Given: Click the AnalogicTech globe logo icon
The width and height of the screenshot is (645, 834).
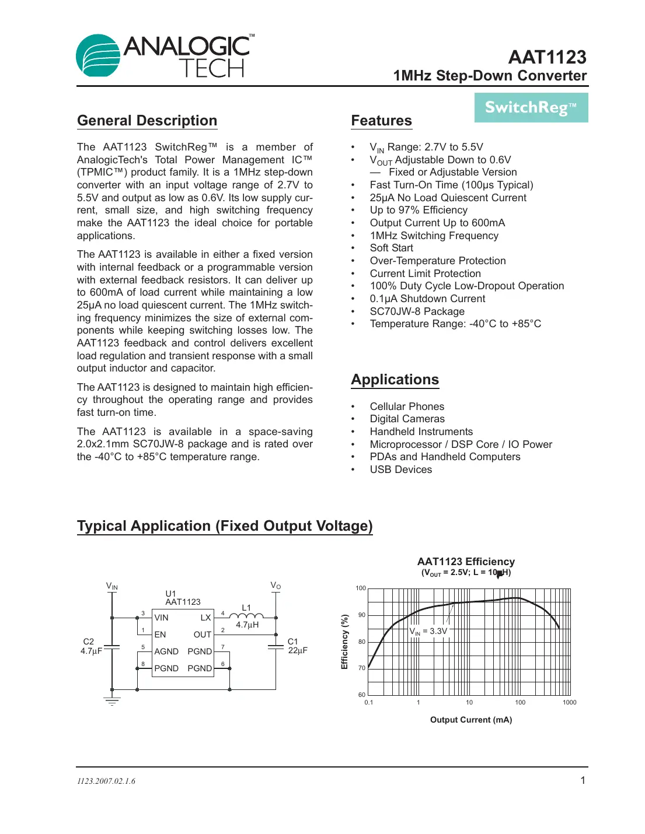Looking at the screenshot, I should tap(98, 56).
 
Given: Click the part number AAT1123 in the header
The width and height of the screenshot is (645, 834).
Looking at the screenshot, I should tap(547, 57).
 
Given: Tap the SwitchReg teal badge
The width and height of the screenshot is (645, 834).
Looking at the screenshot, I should tap(531, 108).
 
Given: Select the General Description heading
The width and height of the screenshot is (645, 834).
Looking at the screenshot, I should tap(147, 121).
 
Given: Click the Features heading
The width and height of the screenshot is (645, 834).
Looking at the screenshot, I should tap(381, 121).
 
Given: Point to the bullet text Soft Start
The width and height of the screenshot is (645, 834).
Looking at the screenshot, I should tap(391, 248).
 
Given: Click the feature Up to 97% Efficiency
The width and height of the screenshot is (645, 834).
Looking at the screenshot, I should tap(419, 210).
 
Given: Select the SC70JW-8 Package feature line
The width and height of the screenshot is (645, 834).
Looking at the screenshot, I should tap(417, 311).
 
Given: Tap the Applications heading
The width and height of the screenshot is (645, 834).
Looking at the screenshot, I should tap(395, 380).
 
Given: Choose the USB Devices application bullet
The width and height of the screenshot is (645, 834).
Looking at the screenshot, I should tap(400, 469).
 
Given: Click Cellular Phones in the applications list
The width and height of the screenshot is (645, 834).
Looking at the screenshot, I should tap(407, 407).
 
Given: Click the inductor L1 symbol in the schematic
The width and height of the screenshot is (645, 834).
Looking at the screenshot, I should tap(246, 615).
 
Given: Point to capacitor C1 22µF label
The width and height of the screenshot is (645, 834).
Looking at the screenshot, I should tap(297, 646).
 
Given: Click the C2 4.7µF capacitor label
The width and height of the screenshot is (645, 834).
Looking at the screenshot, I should tap(91, 646).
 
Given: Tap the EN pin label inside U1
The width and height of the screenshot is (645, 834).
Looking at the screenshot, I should tap(160, 635).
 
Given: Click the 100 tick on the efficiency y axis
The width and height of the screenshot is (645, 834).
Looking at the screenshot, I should tap(361, 588).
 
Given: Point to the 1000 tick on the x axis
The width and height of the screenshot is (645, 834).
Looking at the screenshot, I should tap(569, 702).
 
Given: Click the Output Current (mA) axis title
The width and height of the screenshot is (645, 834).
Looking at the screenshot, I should tap(470, 720).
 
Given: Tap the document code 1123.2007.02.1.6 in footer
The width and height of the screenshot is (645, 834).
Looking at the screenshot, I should tap(106, 781).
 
